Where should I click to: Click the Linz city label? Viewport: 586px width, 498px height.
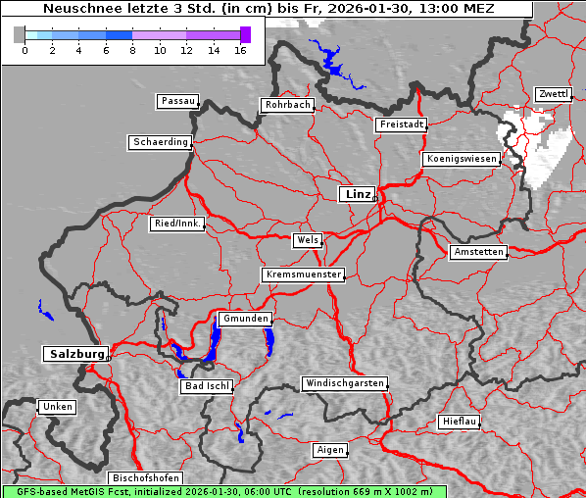pos(357,194)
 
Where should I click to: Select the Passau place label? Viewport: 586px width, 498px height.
pos(177,101)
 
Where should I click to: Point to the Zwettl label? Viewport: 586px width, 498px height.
pos(553,94)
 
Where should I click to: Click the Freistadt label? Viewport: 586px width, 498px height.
pos(401,124)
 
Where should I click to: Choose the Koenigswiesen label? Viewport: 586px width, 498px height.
pos(462,159)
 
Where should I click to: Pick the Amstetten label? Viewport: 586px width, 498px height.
pos(478,252)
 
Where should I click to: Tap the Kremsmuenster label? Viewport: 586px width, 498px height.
pos(304,274)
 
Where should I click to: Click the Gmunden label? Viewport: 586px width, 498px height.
pos(244,320)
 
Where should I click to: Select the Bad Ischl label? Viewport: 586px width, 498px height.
pos(207,386)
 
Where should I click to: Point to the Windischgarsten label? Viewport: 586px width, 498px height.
pos(344,383)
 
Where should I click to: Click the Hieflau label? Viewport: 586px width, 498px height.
pos(460,422)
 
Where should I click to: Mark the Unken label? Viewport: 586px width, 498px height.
pos(57,407)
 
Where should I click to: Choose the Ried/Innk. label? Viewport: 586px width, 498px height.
pos(177,224)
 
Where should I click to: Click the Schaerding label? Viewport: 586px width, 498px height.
pos(160,142)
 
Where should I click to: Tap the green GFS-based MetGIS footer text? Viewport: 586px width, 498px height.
pos(223,491)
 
